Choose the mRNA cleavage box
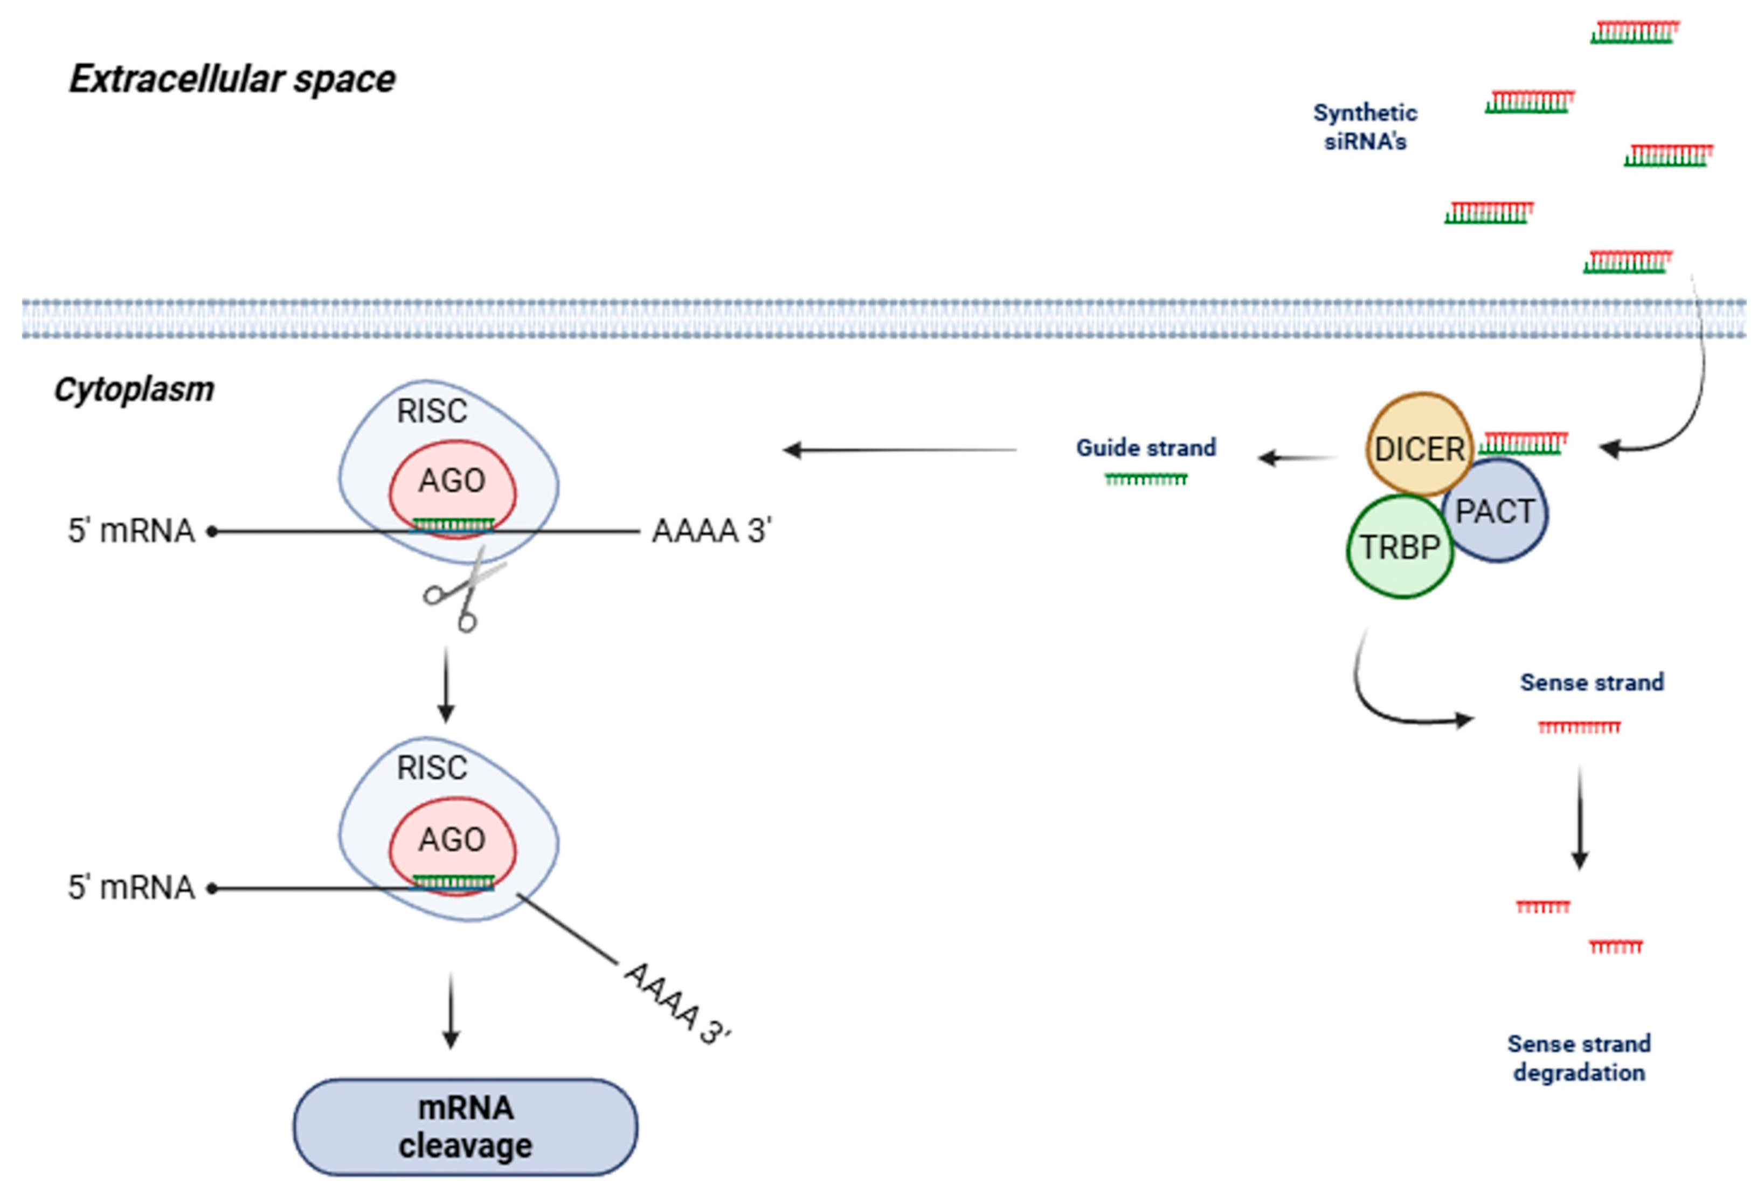coord(465,1127)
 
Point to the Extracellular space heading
coord(232,79)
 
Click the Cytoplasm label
coord(134,390)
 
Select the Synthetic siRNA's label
coord(1365,127)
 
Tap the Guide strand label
coord(1145,448)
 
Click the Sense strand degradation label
coord(1579,1058)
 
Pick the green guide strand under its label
coord(1145,479)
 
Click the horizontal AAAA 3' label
coord(711,531)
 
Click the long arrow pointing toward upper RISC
coord(900,450)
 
